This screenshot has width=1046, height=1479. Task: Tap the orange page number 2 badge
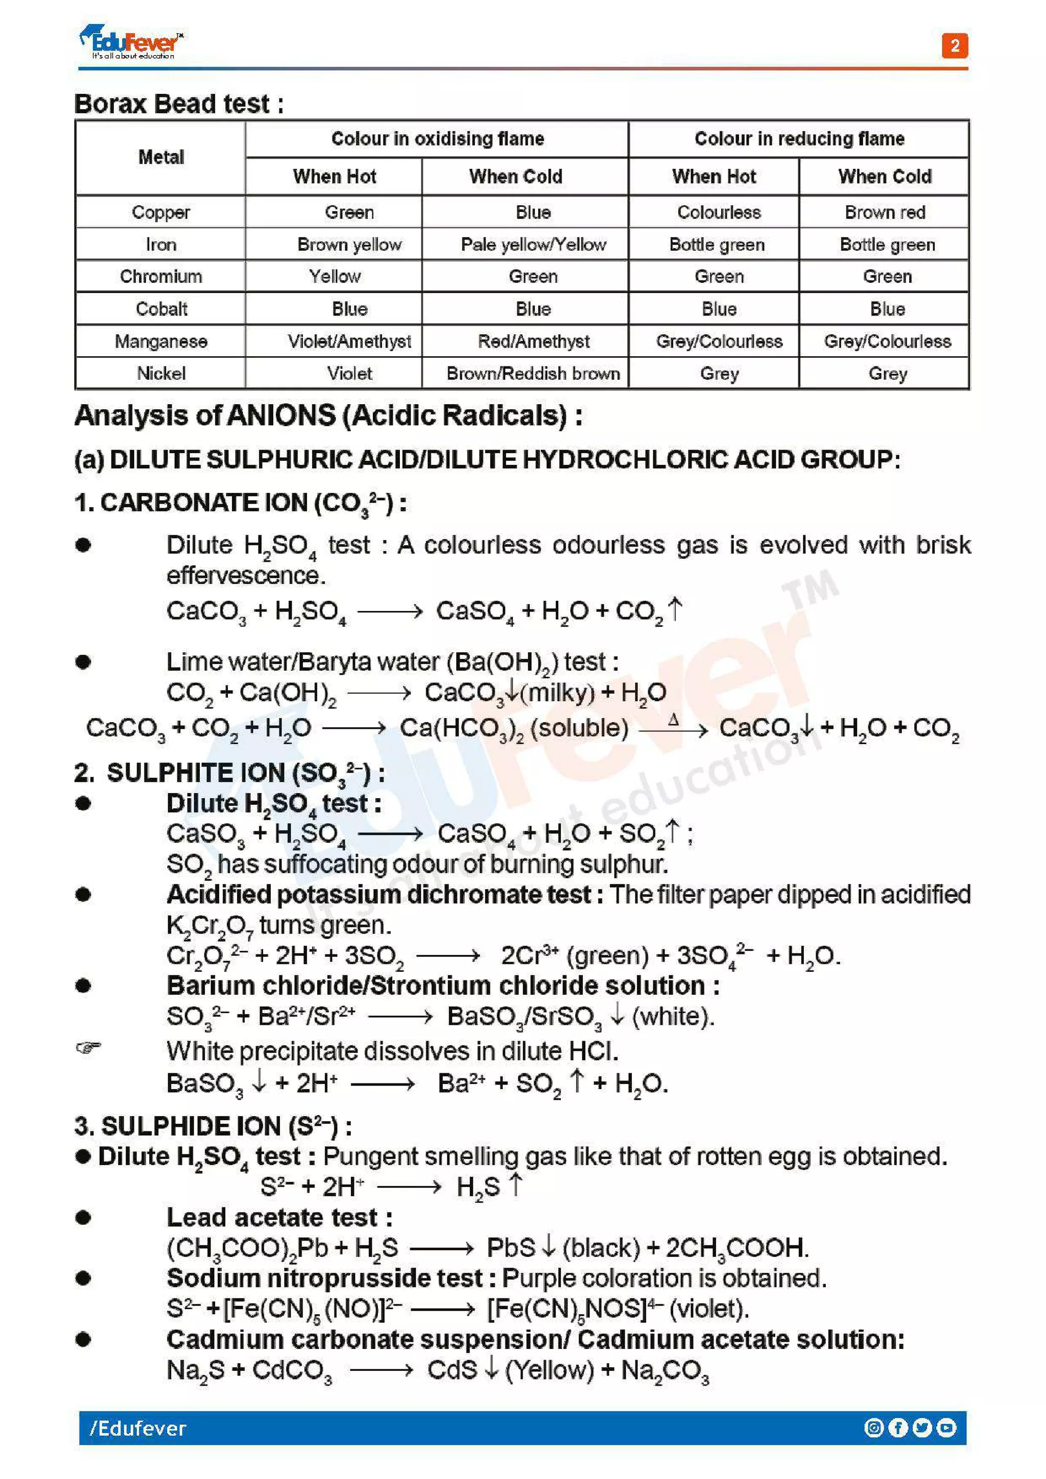pyautogui.click(x=955, y=46)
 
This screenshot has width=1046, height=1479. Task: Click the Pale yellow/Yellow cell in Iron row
pyautogui.click(x=533, y=245)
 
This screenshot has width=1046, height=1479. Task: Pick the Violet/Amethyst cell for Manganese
pyautogui.click(x=349, y=341)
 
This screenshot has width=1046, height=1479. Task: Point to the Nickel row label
pyautogui.click(x=160, y=374)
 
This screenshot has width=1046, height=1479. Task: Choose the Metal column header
pyautogui.click(x=160, y=157)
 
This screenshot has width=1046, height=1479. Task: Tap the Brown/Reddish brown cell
pyautogui.click(x=533, y=374)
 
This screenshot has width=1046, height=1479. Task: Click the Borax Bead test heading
pyautogui.click(x=179, y=104)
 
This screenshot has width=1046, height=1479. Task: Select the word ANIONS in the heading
pyautogui.click(x=280, y=415)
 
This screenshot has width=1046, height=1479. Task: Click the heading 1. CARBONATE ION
pyautogui.click(x=240, y=503)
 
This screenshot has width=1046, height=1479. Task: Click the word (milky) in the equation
pyautogui.click(x=558, y=693)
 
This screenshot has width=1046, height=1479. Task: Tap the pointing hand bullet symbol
pyautogui.click(x=88, y=1047)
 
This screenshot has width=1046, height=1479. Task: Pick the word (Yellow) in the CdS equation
pyautogui.click(x=549, y=1370)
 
